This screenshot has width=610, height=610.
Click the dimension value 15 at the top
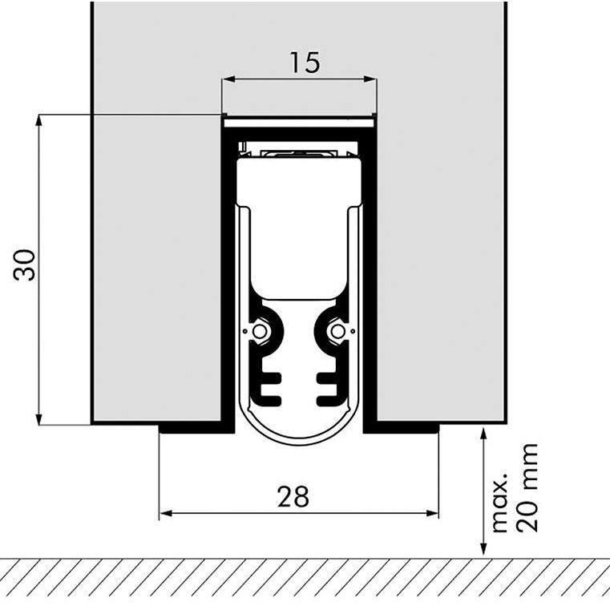pos(305,62)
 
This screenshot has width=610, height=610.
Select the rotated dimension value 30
pos(25,265)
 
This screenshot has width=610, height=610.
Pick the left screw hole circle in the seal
pos(259,331)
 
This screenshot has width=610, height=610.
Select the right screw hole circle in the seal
pos(338,331)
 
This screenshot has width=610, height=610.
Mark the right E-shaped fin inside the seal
pos(329,387)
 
